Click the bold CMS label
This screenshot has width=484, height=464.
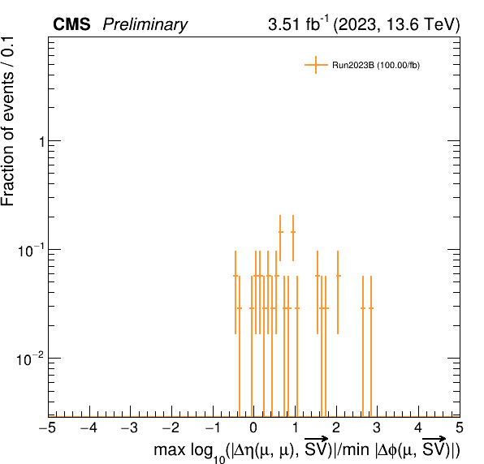click(x=71, y=24)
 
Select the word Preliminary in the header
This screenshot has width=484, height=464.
click(x=145, y=25)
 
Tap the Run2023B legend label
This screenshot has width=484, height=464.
click(x=376, y=66)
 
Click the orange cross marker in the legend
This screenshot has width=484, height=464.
click(x=316, y=65)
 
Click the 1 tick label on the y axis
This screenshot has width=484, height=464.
click(x=42, y=142)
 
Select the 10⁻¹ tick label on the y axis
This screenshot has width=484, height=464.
click(x=29, y=251)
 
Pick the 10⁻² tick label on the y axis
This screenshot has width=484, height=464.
click(x=29, y=359)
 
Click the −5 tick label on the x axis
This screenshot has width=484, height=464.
click(x=48, y=428)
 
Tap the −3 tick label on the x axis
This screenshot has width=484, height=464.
click(x=130, y=428)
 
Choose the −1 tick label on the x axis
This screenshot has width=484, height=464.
click(x=213, y=428)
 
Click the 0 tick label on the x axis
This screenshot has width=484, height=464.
click(x=253, y=428)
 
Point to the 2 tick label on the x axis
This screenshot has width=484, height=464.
click(x=336, y=428)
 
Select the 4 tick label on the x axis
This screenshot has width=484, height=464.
click(x=418, y=428)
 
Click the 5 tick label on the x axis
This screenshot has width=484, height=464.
click(x=460, y=428)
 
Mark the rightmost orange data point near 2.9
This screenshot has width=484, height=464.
click(x=371, y=308)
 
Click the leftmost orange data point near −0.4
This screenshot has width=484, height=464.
click(x=236, y=276)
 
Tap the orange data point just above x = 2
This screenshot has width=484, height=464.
click(x=338, y=276)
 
